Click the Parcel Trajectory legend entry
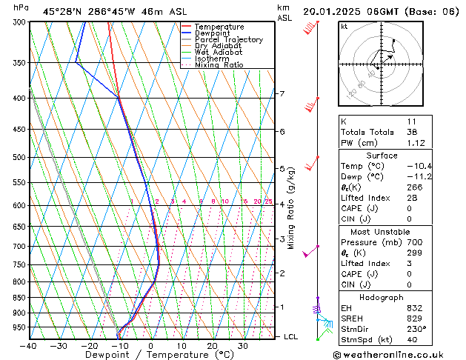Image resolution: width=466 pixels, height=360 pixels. point(228,39)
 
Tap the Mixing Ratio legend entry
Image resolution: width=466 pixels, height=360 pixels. point(219,65)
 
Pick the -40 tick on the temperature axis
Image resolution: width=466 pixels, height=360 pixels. point(28,346)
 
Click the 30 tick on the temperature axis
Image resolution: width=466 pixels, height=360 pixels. point(243,346)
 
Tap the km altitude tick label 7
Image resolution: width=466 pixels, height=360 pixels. point(282,94)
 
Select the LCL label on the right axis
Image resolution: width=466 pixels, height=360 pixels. point(291,337)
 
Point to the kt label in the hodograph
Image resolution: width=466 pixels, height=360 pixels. point(344,26)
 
